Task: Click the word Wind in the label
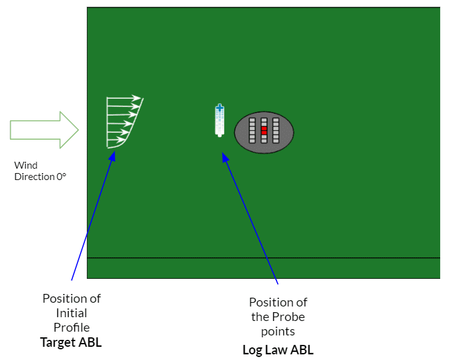(26, 166)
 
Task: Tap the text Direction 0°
(40, 177)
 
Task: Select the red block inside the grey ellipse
(264, 130)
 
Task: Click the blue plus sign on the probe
(220, 108)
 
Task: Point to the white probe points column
(219, 123)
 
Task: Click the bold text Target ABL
(71, 342)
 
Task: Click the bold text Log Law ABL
(278, 350)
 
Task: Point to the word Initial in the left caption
(71, 313)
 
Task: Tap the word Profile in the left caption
(71, 327)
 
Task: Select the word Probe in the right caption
(278, 317)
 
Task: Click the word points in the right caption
(278, 332)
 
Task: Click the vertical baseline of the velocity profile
(107, 122)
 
